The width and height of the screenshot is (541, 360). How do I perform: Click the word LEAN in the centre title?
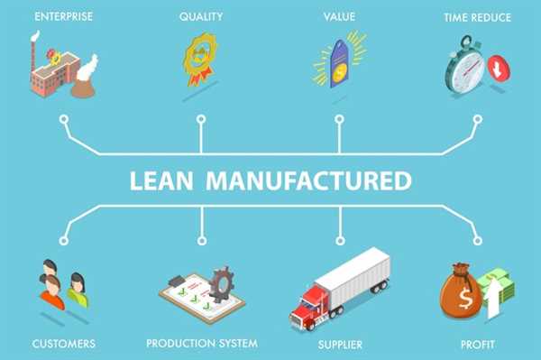(163, 180)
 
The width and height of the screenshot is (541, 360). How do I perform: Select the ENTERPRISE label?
(63, 16)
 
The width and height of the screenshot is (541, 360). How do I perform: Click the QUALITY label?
(200, 16)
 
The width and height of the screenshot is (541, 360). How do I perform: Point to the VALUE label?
(339, 16)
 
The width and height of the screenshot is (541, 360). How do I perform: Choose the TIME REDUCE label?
(477, 16)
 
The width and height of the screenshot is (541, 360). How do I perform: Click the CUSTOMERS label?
(63, 343)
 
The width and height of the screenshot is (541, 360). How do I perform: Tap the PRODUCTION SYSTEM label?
(202, 343)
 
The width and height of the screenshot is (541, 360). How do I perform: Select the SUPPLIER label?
(339, 343)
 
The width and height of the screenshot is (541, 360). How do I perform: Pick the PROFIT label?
(476, 343)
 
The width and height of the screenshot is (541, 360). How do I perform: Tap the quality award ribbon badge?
(200, 58)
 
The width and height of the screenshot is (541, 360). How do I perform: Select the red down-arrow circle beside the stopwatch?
(496, 69)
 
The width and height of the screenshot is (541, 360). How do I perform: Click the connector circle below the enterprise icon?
(63, 117)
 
